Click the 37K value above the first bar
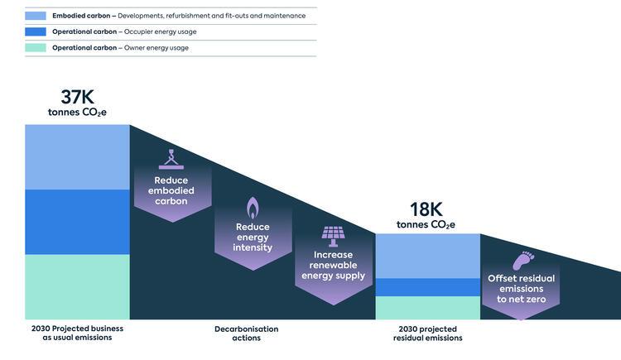click(x=77, y=97)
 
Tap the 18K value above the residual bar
click(x=426, y=209)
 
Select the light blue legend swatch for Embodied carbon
click(x=36, y=16)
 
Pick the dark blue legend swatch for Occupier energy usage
click(x=36, y=31)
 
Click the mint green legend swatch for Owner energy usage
click(x=36, y=48)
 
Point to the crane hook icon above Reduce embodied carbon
click(x=171, y=160)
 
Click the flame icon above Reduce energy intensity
click(x=253, y=208)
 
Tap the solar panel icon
click(x=333, y=237)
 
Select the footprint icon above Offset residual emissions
click(x=523, y=261)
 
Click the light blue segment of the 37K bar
click(x=77, y=157)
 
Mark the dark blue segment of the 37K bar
click(x=77, y=222)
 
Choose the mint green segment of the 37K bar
click(x=77, y=286)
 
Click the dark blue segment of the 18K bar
click(x=428, y=287)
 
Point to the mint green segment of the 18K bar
click(x=428, y=308)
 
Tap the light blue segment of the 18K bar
click(x=428, y=256)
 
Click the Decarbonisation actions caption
click(x=247, y=334)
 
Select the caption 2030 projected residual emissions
click(x=428, y=334)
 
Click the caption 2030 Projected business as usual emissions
click(x=77, y=333)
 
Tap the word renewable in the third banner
click(x=333, y=265)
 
